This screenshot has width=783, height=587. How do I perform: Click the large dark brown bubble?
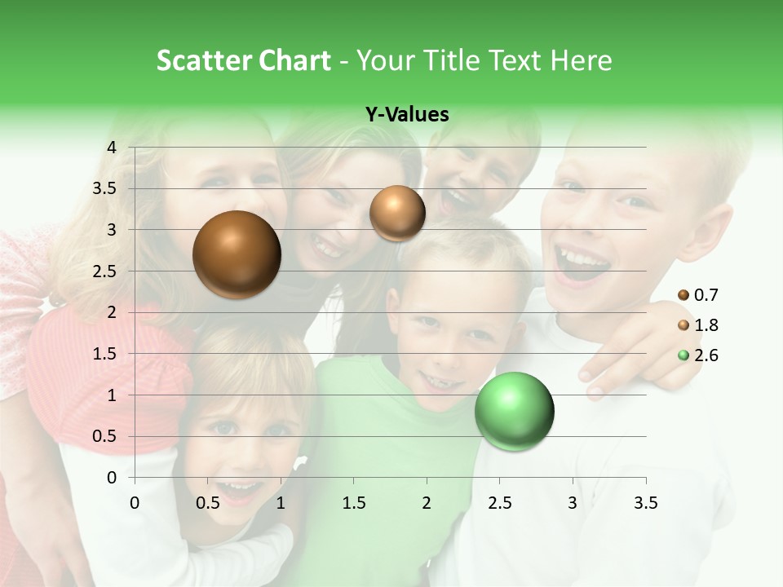coord(237,254)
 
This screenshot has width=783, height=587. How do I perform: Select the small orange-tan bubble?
coord(397,213)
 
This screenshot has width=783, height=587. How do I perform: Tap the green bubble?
coord(514,411)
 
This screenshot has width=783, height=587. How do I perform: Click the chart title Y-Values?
coord(407,115)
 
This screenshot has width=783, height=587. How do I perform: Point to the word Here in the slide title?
coord(581,60)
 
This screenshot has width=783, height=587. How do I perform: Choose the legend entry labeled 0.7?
coord(699,295)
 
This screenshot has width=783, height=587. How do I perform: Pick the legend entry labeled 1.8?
coord(699,325)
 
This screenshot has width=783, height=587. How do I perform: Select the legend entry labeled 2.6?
coord(699,355)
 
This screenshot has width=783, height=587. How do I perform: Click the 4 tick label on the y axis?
coord(112,147)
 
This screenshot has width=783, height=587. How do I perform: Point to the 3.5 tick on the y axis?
coord(105,188)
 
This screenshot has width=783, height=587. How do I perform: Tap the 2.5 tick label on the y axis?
coord(105,271)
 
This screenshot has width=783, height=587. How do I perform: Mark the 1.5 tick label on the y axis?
coord(105,354)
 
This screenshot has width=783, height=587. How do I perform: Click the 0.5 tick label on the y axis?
coord(105,436)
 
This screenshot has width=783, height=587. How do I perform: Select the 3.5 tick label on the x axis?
coord(646,502)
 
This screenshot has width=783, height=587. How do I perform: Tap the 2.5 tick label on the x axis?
coord(500,502)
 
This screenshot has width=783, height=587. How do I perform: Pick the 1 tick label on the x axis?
coord(281,502)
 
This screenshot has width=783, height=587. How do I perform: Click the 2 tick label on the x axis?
coord(427,502)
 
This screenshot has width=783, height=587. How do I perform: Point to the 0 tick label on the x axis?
coord(135,502)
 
